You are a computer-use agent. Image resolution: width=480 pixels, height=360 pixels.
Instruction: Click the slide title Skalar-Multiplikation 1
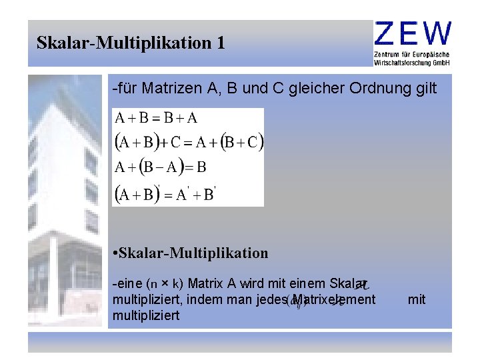coord(131,43)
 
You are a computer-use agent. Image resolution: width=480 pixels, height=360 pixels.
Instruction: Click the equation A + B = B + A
coord(156,119)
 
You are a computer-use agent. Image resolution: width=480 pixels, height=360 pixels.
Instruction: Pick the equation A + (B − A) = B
coord(161,166)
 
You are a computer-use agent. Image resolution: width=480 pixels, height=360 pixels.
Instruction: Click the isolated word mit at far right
coord(417,300)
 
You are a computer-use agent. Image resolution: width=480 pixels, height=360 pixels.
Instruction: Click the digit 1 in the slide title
coord(221,43)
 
